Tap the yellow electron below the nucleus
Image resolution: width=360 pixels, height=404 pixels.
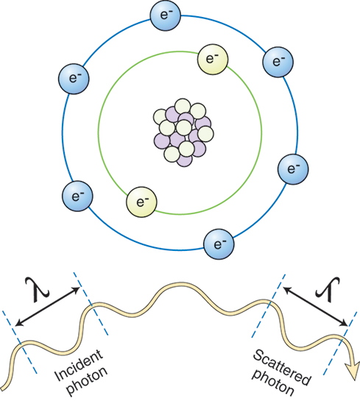pyautogui.click(x=141, y=200)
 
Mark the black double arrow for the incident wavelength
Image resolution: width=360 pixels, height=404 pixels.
pyautogui.click(x=49, y=306)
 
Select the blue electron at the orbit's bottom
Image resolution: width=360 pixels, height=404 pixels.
pyautogui.click(x=219, y=241)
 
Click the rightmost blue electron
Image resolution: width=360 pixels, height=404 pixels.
pyautogui.click(x=294, y=170)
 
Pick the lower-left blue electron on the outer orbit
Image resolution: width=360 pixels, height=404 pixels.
pyautogui.click(x=75, y=196)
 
